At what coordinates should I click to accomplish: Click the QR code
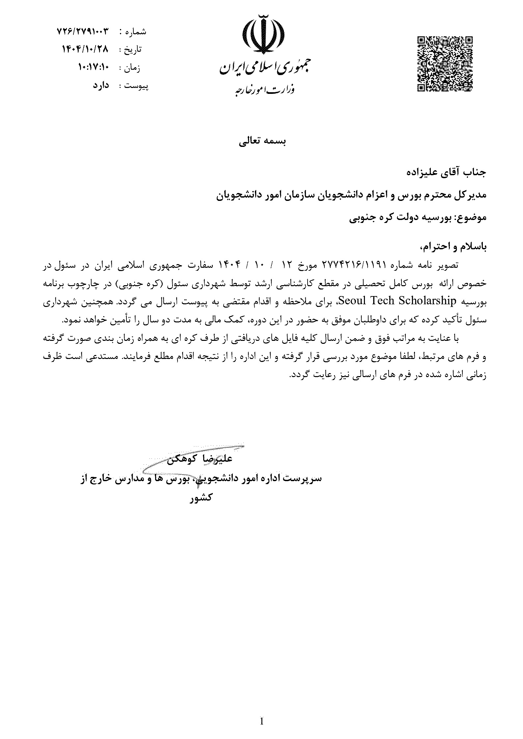tap(445, 64)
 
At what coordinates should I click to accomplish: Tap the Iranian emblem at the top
tap(263, 35)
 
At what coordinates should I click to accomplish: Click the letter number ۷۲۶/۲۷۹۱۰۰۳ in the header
tap(83, 32)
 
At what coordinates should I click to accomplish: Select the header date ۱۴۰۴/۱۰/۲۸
tap(85, 49)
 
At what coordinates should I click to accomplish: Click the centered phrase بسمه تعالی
tap(262, 142)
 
